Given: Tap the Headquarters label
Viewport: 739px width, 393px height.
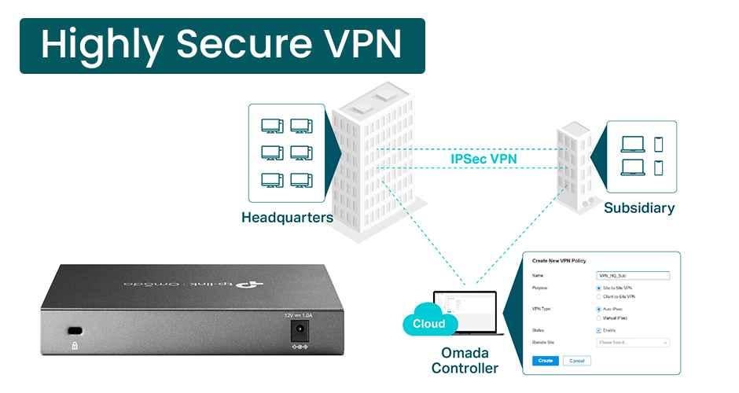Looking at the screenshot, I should click(x=287, y=218).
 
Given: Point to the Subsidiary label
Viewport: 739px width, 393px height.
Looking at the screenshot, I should click(x=639, y=208).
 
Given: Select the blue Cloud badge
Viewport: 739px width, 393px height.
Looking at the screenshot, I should click(x=428, y=324).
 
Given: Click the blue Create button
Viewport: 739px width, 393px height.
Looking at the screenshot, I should click(x=546, y=361).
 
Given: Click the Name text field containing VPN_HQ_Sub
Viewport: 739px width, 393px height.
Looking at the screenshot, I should click(x=633, y=276).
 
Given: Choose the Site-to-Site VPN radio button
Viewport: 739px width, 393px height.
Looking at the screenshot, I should click(x=600, y=288).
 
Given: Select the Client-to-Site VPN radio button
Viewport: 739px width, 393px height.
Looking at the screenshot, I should click(x=600, y=297).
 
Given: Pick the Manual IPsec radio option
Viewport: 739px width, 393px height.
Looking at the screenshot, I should click(x=600, y=318).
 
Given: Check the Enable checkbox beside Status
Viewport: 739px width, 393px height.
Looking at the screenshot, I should click(x=600, y=330).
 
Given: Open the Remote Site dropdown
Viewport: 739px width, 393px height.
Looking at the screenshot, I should click(x=633, y=343).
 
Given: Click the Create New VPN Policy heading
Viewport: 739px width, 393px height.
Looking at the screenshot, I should click(x=559, y=260).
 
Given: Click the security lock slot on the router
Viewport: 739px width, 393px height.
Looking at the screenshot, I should click(x=75, y=330).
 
